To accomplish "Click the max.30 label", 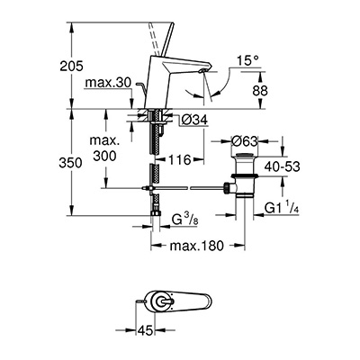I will click(110, 84).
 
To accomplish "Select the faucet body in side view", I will click(167, 85).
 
